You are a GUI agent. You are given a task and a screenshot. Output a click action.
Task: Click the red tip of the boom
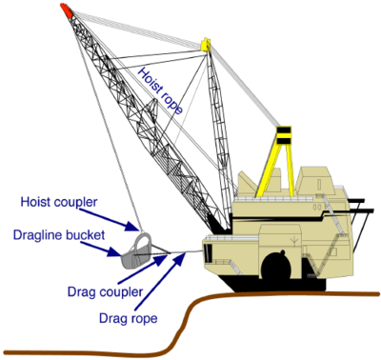click(65, 9)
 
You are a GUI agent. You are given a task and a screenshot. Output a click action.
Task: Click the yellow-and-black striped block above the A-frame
click(282, 133)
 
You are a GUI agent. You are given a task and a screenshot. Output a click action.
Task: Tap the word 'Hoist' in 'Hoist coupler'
click(37, 202)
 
